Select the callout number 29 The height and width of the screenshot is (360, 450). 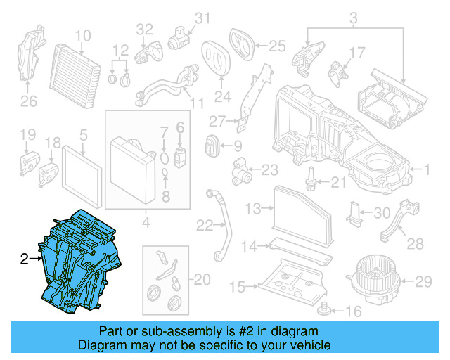click(422, 282)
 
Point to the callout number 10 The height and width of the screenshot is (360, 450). click(83, 35)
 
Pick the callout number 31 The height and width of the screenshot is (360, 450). click(202, 18)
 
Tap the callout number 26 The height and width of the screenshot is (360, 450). click(27, 102)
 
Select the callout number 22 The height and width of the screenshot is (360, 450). click(205, 225)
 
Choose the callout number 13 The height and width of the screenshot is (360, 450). click(252, 208)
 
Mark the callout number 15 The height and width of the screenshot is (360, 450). click(238, 286)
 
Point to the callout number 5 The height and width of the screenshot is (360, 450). click(83, 134)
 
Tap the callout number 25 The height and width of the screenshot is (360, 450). click(277, 46)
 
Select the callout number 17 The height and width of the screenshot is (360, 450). click(357, 52)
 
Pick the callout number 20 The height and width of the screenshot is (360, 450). click(202, 280)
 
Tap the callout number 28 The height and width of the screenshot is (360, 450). click(415, 243)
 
